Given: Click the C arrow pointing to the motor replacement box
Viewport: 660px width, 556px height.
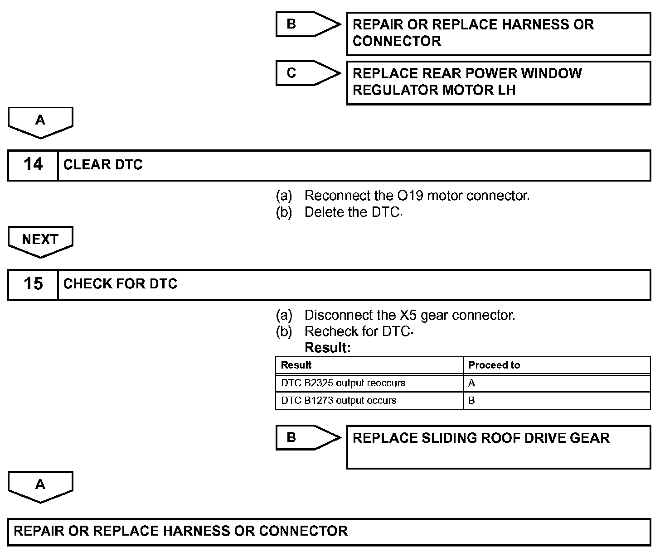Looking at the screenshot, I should [304, 73].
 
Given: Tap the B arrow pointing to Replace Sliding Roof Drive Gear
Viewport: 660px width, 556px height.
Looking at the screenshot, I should [304, 437].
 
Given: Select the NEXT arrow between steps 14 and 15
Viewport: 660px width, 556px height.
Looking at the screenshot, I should [40, 240].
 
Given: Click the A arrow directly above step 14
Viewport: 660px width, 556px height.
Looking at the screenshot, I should [40, 121].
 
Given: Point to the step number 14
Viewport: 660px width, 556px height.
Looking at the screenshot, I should [33, 165].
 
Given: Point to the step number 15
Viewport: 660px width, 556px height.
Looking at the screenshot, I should [33, 284].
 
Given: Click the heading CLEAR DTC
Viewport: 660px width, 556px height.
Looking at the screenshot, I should [103, 165].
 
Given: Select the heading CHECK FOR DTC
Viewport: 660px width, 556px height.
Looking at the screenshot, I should [120, 284].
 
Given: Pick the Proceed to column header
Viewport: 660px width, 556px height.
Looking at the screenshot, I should [494, 365].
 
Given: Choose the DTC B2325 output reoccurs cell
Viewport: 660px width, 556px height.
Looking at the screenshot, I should [343, 383].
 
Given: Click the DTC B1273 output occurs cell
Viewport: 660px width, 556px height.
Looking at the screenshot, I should [339, 401].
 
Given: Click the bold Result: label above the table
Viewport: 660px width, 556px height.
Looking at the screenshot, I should [328, 348].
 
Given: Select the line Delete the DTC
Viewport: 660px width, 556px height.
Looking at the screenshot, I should [353, 212].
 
